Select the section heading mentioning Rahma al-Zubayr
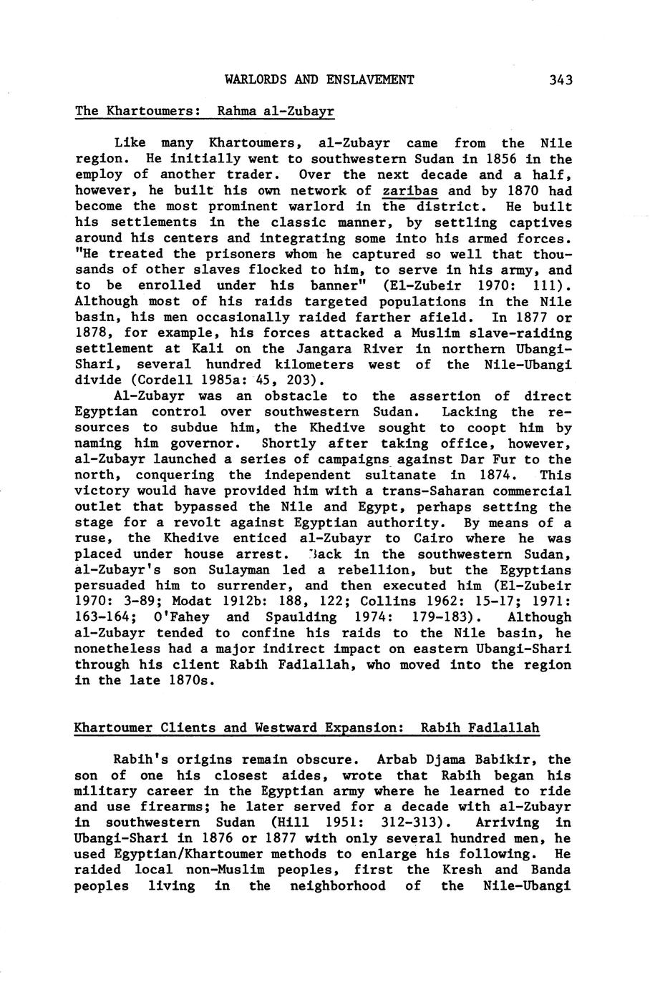pyautogui.click(x=205, y=112)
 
